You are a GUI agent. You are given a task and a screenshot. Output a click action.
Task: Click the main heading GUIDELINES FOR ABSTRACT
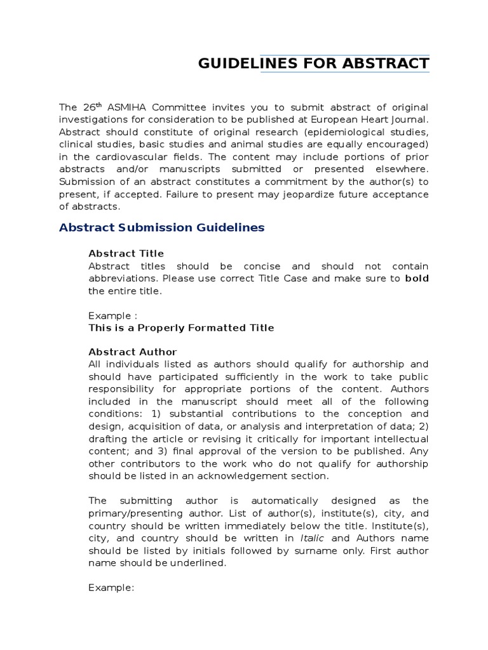click(x=313, y=63)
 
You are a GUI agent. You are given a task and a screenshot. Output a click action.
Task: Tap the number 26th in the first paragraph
click(x=89, y=107)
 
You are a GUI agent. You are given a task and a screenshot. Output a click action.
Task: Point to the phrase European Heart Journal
click(x=372, y=119)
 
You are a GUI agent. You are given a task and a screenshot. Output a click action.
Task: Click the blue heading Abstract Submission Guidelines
click(x=161, y=227)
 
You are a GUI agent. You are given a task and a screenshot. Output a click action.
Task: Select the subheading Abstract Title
click(x=126, y=253)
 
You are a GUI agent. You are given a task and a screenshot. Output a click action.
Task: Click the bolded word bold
click(x=416, y=278)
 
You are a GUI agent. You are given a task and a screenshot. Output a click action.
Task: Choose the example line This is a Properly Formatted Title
click(x=181, y=328)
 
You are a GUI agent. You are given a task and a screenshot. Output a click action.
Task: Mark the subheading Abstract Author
click(x=132, y=352)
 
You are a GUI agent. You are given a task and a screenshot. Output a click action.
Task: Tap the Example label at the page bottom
click(x=111, y=588)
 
